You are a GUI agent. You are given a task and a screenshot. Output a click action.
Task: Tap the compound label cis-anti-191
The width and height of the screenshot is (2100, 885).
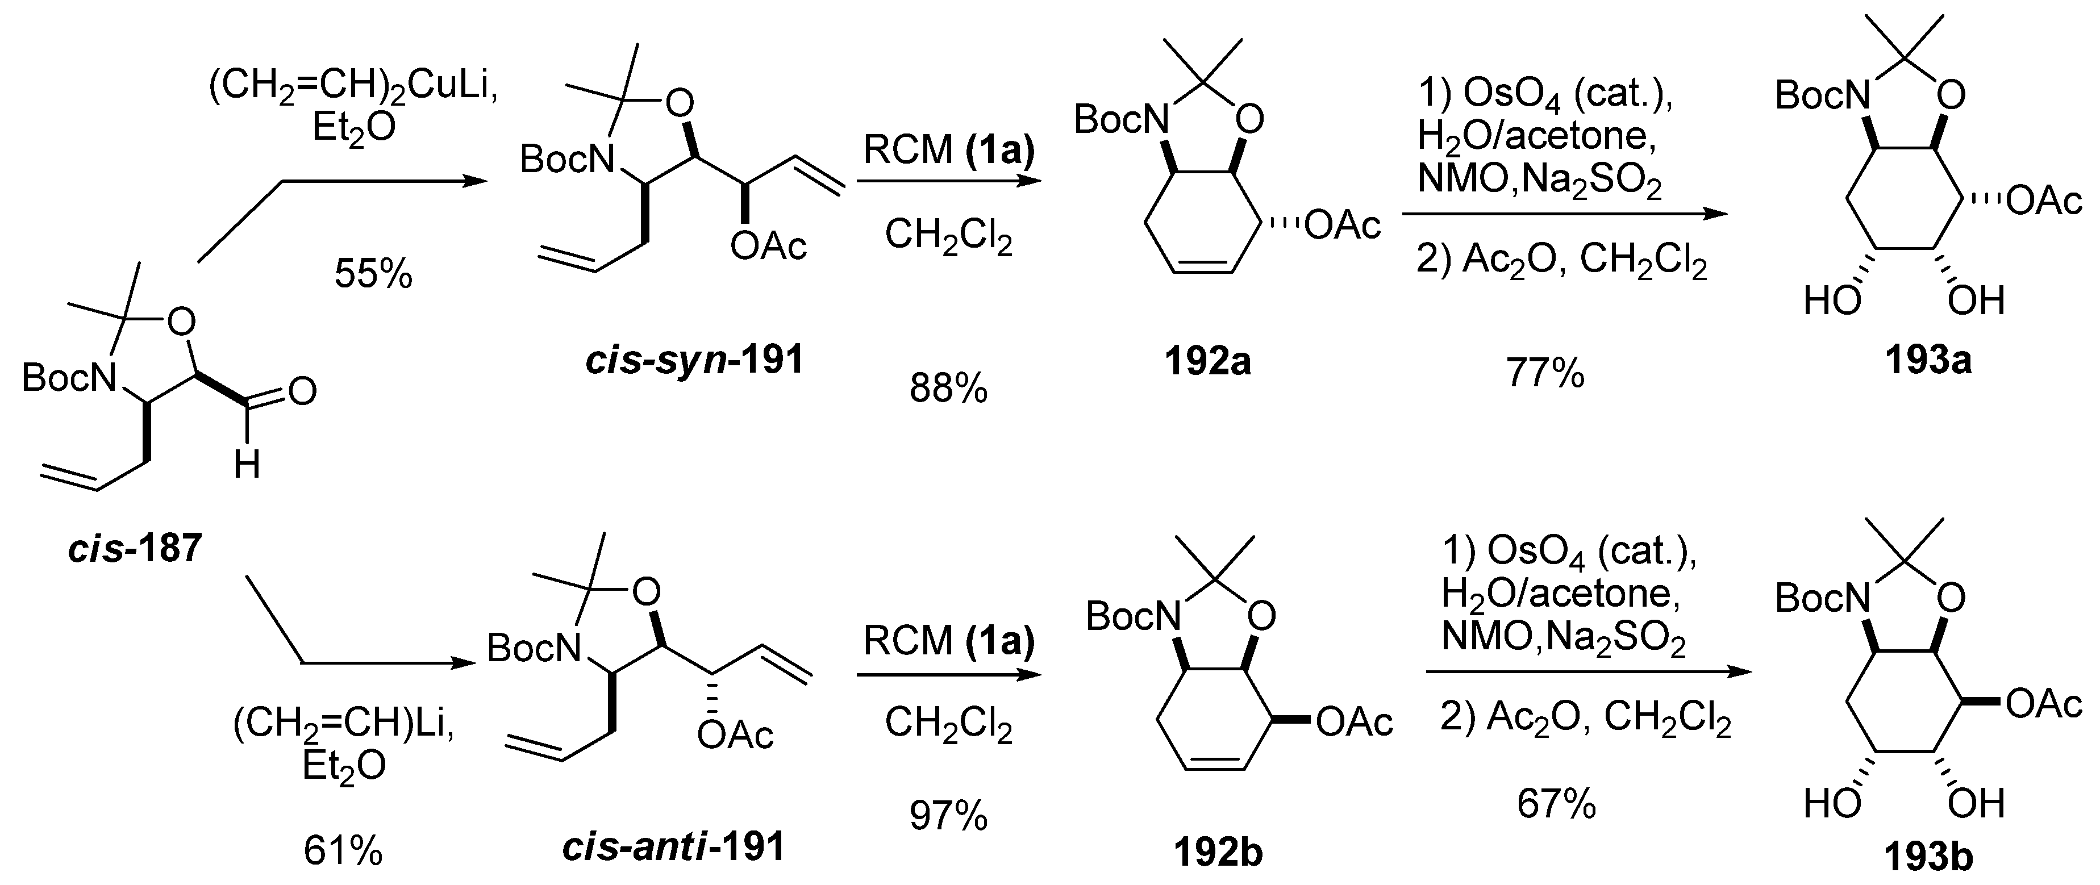click(673, 847)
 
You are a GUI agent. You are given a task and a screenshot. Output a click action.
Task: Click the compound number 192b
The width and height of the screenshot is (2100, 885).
click(1218, 851)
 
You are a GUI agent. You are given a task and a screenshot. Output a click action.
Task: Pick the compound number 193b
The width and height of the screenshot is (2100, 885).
click(1928, 857)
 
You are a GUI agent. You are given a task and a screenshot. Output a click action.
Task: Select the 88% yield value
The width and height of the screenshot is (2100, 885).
click(948, 390)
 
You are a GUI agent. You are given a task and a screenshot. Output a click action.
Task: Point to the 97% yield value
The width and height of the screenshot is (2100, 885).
click(948, 815)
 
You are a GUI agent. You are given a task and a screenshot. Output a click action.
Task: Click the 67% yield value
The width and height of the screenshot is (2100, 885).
click(1556, 804)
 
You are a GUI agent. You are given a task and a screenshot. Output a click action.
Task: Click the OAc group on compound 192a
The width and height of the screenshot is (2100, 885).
click(1343, 224)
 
